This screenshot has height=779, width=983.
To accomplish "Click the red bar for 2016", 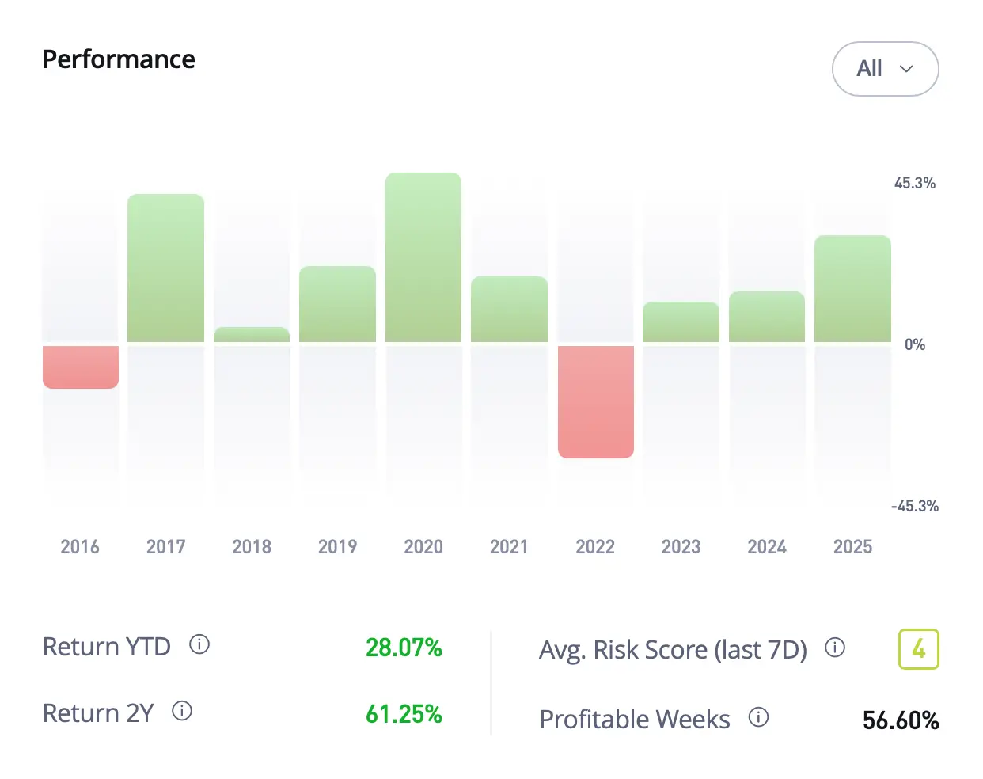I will [81, 367].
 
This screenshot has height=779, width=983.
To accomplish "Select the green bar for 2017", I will [165, 268].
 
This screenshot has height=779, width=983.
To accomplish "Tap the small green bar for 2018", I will [252, 335].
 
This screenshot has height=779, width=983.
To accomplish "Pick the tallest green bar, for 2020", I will [423, 257].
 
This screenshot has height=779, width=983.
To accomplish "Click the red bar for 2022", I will [596, 401].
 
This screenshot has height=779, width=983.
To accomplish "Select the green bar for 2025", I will [852, 289].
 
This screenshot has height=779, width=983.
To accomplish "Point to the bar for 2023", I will [681, 322].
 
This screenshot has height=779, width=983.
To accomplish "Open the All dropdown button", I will [885, 69].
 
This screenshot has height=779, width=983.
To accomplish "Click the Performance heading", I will [119, 59].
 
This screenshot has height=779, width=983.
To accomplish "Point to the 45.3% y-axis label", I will [914, 183].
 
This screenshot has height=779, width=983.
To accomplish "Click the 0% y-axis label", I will [914, 344].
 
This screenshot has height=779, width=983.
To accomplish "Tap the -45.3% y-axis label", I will [914, 506].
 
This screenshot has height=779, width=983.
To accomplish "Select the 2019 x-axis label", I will [337, 547].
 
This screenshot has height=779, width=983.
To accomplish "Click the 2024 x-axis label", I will [767, 547].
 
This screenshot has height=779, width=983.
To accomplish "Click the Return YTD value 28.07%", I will [404, 648].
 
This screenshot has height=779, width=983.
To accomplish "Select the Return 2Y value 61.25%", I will [404, 714].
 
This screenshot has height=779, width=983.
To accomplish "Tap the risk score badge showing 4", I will [918, 649].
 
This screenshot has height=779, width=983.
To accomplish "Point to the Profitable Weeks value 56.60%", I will [901, 720].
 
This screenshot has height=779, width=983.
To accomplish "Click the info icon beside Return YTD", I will [199, 644].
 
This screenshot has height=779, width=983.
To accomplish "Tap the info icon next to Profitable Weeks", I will [758, 717].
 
